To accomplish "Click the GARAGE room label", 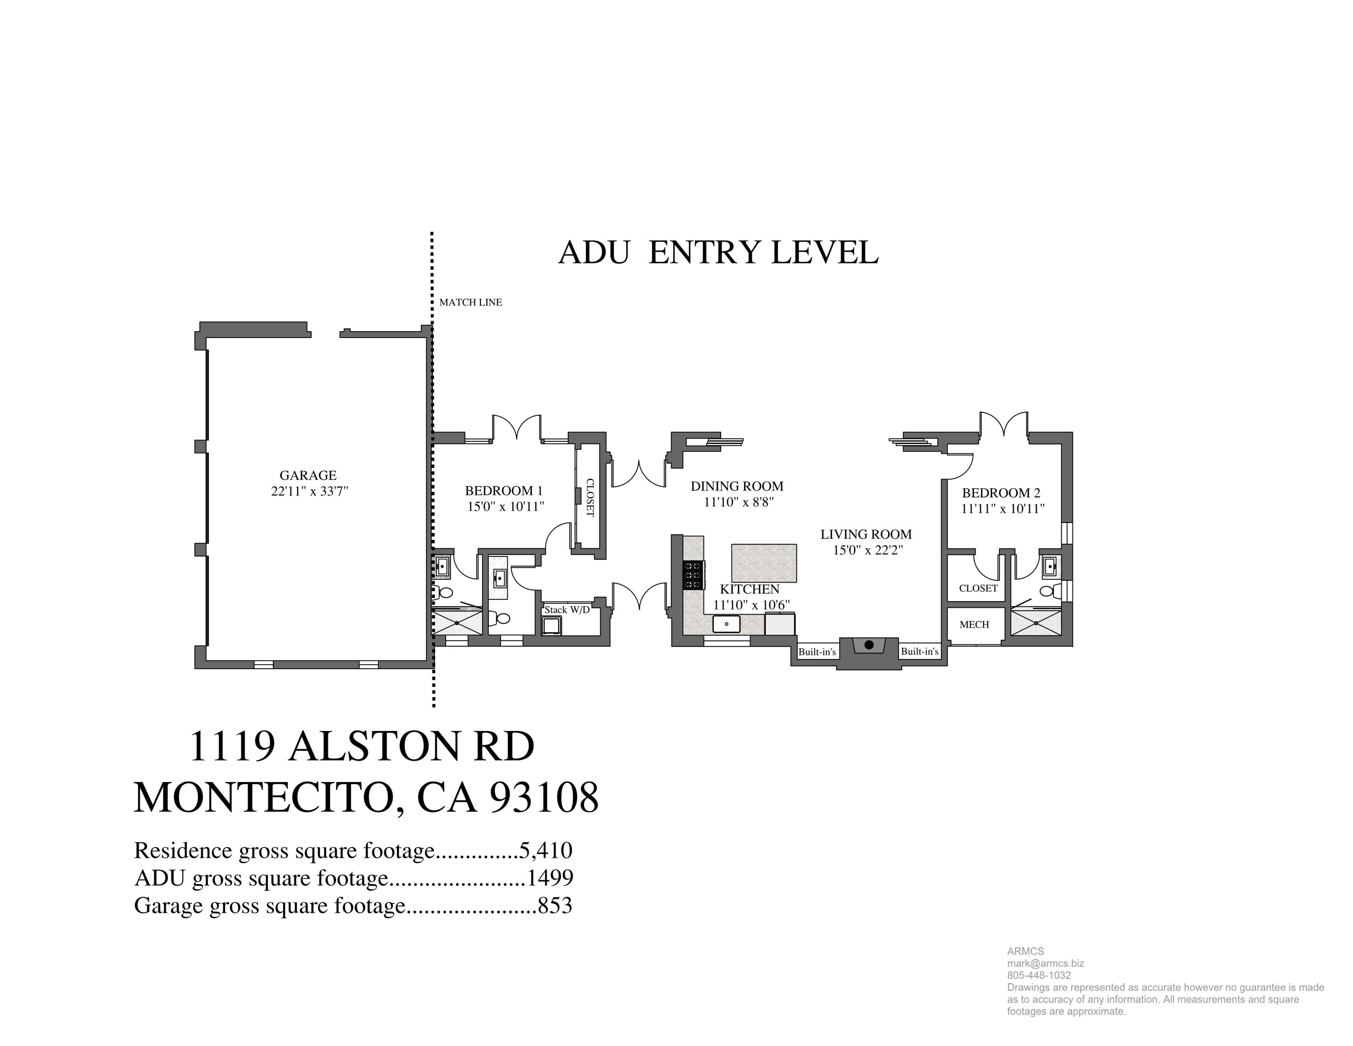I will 308,475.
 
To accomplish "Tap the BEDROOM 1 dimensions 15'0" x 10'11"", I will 506,506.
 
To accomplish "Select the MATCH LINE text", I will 470,302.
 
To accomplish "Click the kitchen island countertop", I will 764,563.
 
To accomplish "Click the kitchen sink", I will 726,623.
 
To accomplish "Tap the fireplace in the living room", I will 869,645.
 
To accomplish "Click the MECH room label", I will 974,625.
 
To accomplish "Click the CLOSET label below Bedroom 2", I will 978,588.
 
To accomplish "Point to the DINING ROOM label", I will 736,486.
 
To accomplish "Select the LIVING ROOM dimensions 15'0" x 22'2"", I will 867,550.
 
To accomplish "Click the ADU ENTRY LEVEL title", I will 718,253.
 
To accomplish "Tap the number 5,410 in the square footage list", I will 546,850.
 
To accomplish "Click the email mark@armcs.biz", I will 1045,963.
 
